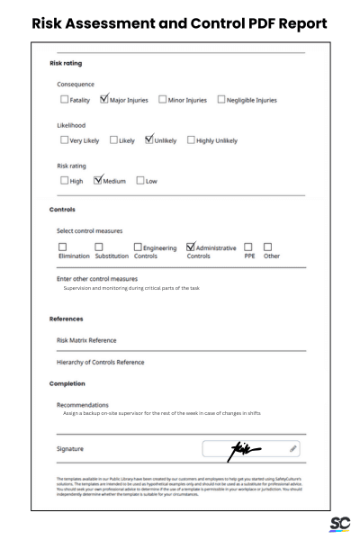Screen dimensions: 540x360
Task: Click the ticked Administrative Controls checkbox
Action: coord(191,247)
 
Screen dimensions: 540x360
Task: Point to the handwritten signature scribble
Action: coord(247,447)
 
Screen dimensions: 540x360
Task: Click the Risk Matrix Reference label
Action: coord(86,340)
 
